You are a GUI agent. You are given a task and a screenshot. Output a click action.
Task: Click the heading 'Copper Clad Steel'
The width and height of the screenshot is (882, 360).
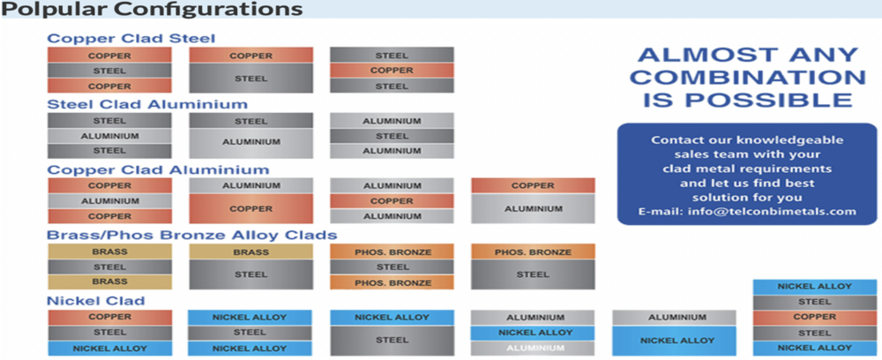point(131,38)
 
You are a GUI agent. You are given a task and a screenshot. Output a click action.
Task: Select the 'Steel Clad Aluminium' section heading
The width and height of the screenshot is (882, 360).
point(146,104)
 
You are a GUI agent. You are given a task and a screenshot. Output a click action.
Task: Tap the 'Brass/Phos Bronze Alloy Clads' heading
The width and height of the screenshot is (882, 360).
point(191,235)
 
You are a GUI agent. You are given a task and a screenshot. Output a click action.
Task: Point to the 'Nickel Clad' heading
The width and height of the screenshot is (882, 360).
point(95,300)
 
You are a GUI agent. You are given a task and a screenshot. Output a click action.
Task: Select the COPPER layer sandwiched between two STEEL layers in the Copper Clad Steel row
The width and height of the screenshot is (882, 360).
point(392,71)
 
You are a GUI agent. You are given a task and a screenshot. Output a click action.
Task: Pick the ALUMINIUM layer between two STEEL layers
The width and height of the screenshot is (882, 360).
point(109,136)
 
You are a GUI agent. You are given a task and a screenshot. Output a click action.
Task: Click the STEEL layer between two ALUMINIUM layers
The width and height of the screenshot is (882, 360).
point(392,136)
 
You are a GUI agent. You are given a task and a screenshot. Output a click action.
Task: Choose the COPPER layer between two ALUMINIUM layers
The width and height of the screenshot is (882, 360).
point(392,201)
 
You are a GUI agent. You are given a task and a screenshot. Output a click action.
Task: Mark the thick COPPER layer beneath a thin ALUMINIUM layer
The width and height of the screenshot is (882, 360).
point(250,209)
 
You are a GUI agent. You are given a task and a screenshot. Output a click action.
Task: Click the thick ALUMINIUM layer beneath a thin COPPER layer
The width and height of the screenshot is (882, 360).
point(533,209)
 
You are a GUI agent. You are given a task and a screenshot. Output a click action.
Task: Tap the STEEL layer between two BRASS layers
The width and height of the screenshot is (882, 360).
point(109,266)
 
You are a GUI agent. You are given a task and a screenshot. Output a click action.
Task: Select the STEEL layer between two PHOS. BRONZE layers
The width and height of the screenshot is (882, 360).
point(392,266)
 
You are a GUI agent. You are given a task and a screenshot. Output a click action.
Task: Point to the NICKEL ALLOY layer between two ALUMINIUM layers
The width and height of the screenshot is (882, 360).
point(533,332)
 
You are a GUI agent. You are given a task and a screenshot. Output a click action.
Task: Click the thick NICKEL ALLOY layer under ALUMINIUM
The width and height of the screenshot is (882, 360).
point(674,340)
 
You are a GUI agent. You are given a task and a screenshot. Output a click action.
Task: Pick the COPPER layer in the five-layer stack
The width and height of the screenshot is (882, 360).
point(814,317)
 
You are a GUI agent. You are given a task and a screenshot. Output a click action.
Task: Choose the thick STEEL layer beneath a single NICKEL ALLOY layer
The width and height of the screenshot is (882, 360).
point(392,340)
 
